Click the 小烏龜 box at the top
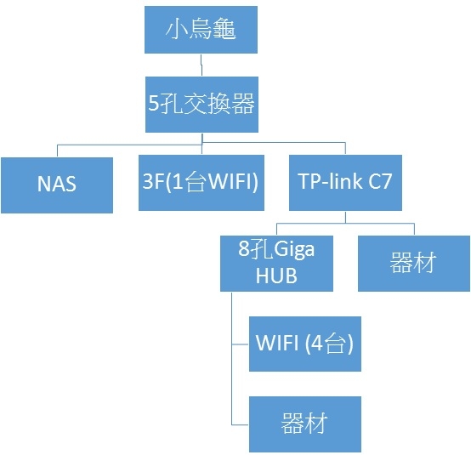(x=201, y=30)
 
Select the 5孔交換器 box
(x=201, y=105)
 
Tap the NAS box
(x=57, y=185)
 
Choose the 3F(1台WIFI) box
(x=201, y=182)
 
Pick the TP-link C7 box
(x=345, y=182)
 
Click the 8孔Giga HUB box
(x=276, y=264)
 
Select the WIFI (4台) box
(x=305, y=344)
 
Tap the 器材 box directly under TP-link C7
(x=414, y=264)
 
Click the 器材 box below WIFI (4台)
(x=305, y=424)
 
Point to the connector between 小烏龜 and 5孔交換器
(x=201, y=65)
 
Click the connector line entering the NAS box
(x=57, y=151)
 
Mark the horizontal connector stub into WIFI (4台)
(x=241, y=344)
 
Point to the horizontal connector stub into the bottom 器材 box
(x=241, y=424)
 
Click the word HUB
(x=276, y=276)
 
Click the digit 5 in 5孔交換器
(x=153, y=103)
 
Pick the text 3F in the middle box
(x=153, y=181)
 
